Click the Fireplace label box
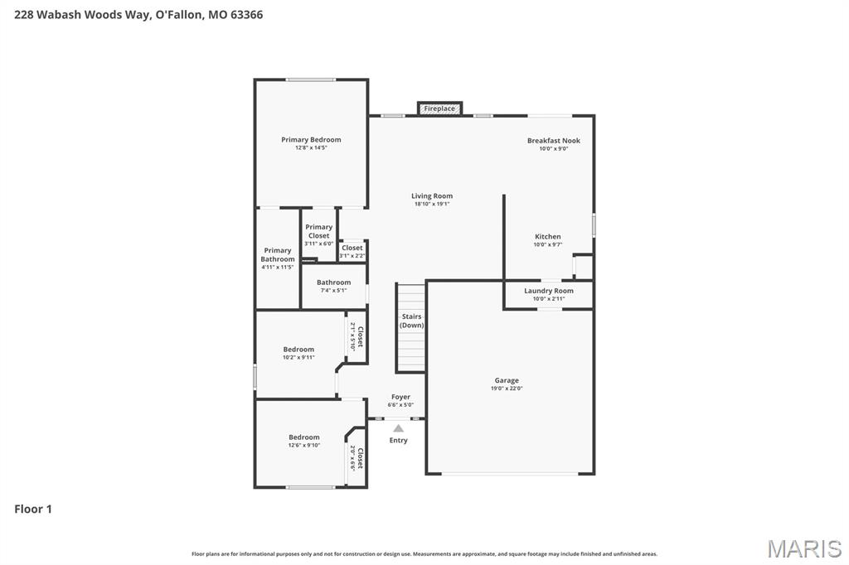point(439,109)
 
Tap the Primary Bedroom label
point(311,140)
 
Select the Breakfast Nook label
point(553,141)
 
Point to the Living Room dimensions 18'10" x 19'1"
point(432,204)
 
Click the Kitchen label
point(547,237)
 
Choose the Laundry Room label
point(548,291)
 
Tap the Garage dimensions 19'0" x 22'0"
point(507,389)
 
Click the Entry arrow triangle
point(398,428)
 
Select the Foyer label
point(400,398)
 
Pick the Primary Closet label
point(318,231)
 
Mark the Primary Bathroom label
point(278,254)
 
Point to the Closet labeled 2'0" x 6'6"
point(357,458)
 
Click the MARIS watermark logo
point(804,548)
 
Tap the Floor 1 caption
point(33,509)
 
